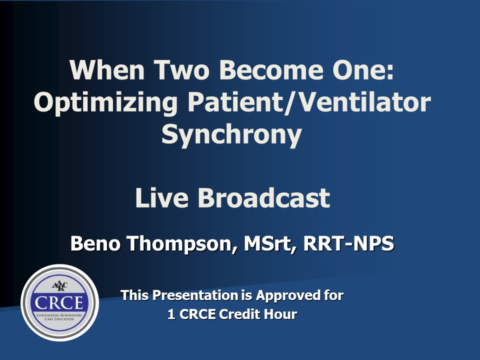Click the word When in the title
click(x=107, y=69)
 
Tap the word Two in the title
click(x=181, y=69)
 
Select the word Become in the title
click(x=271, y=69)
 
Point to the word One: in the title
click(x=363, y=69)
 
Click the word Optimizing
click(x=105, y=103)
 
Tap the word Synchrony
click(x=231, y=135)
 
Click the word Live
click(x=161, y=198)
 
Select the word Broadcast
click(x=264, y=198)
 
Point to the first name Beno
click(x=95, y=243)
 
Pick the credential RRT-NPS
click(x=348, y=243)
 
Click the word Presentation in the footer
click(x=195, y=295)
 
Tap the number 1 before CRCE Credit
click(x=171, y=314)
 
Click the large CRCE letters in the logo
click(x=59, y=303)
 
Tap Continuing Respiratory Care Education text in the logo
click(x=59, y=317)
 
